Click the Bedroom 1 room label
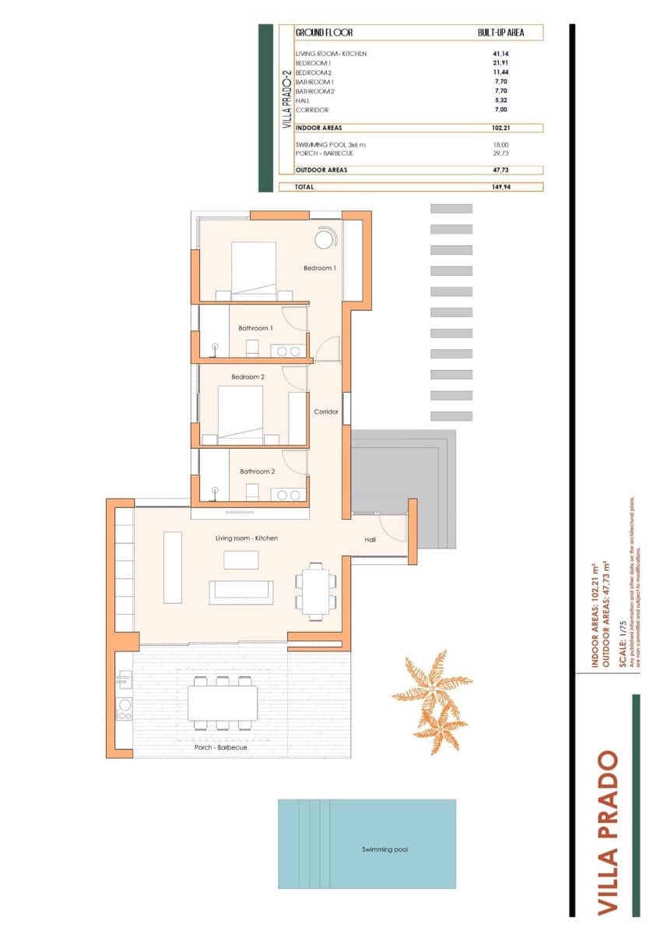[319, 268]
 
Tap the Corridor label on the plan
[325, 411]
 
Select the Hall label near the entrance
[370, 539]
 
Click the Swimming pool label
[384, 849]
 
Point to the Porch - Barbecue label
[221, 747]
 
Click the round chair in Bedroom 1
[325, 238]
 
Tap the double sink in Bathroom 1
[290, 351]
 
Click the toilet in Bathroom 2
[252, 492]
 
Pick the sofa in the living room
[240, 592]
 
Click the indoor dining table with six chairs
[315, 591]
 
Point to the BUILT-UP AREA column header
[500, 34]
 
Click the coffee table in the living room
[240, 559]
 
